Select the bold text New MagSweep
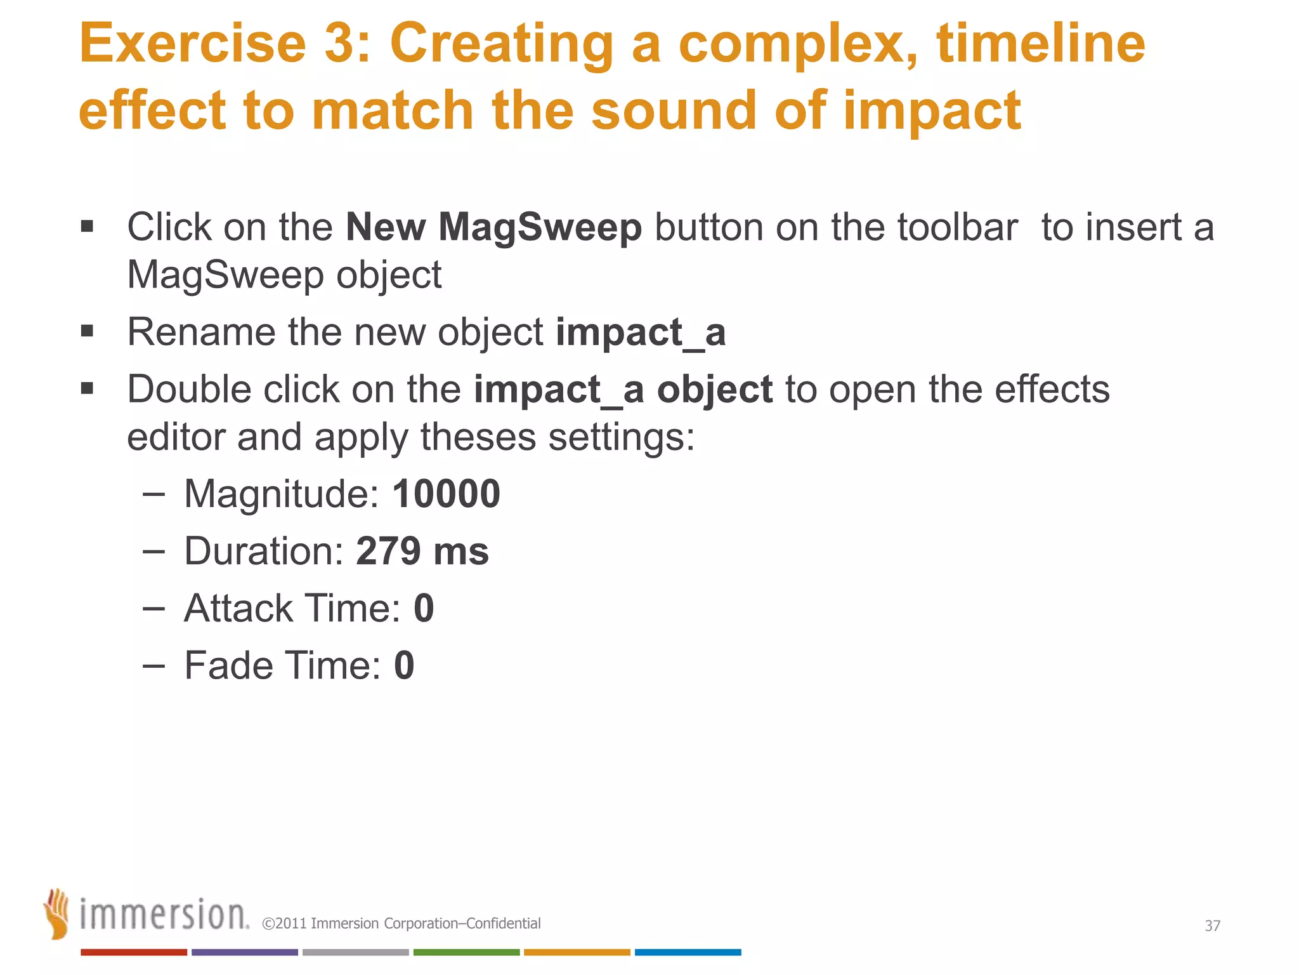[x=493, y=227]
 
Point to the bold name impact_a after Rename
[x=641, y=332]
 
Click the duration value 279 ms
[x=422, y=551]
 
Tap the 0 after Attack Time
[x=424, y=608]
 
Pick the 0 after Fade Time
[x=404, y=665]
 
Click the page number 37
[x=1212, y=925]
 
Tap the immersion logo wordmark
[x=164, y=915]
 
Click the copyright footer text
[x=401, y=924]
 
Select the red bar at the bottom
[x=133, y=952]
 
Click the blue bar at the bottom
[x=688, y=952]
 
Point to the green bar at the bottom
[x=466, y=952]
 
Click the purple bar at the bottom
[x=244, y=952]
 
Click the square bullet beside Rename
[x=88, y=331]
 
